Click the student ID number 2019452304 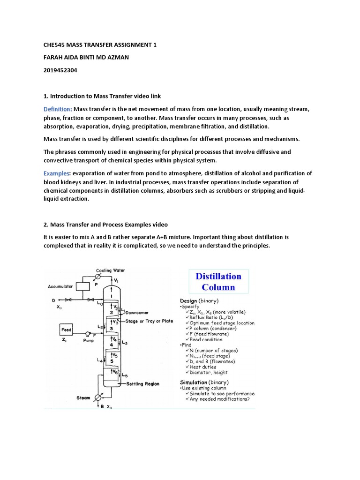pos(60,70)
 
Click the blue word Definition pos(58,109)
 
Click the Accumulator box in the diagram pos(82,285)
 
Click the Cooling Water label pos(111,270)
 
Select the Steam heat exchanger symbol pos(98,397)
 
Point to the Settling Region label pos(143,384)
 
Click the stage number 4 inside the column pos(112,345)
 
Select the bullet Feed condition pos(206,340)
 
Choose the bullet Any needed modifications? pos(220,399)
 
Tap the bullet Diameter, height pos(209,373)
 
